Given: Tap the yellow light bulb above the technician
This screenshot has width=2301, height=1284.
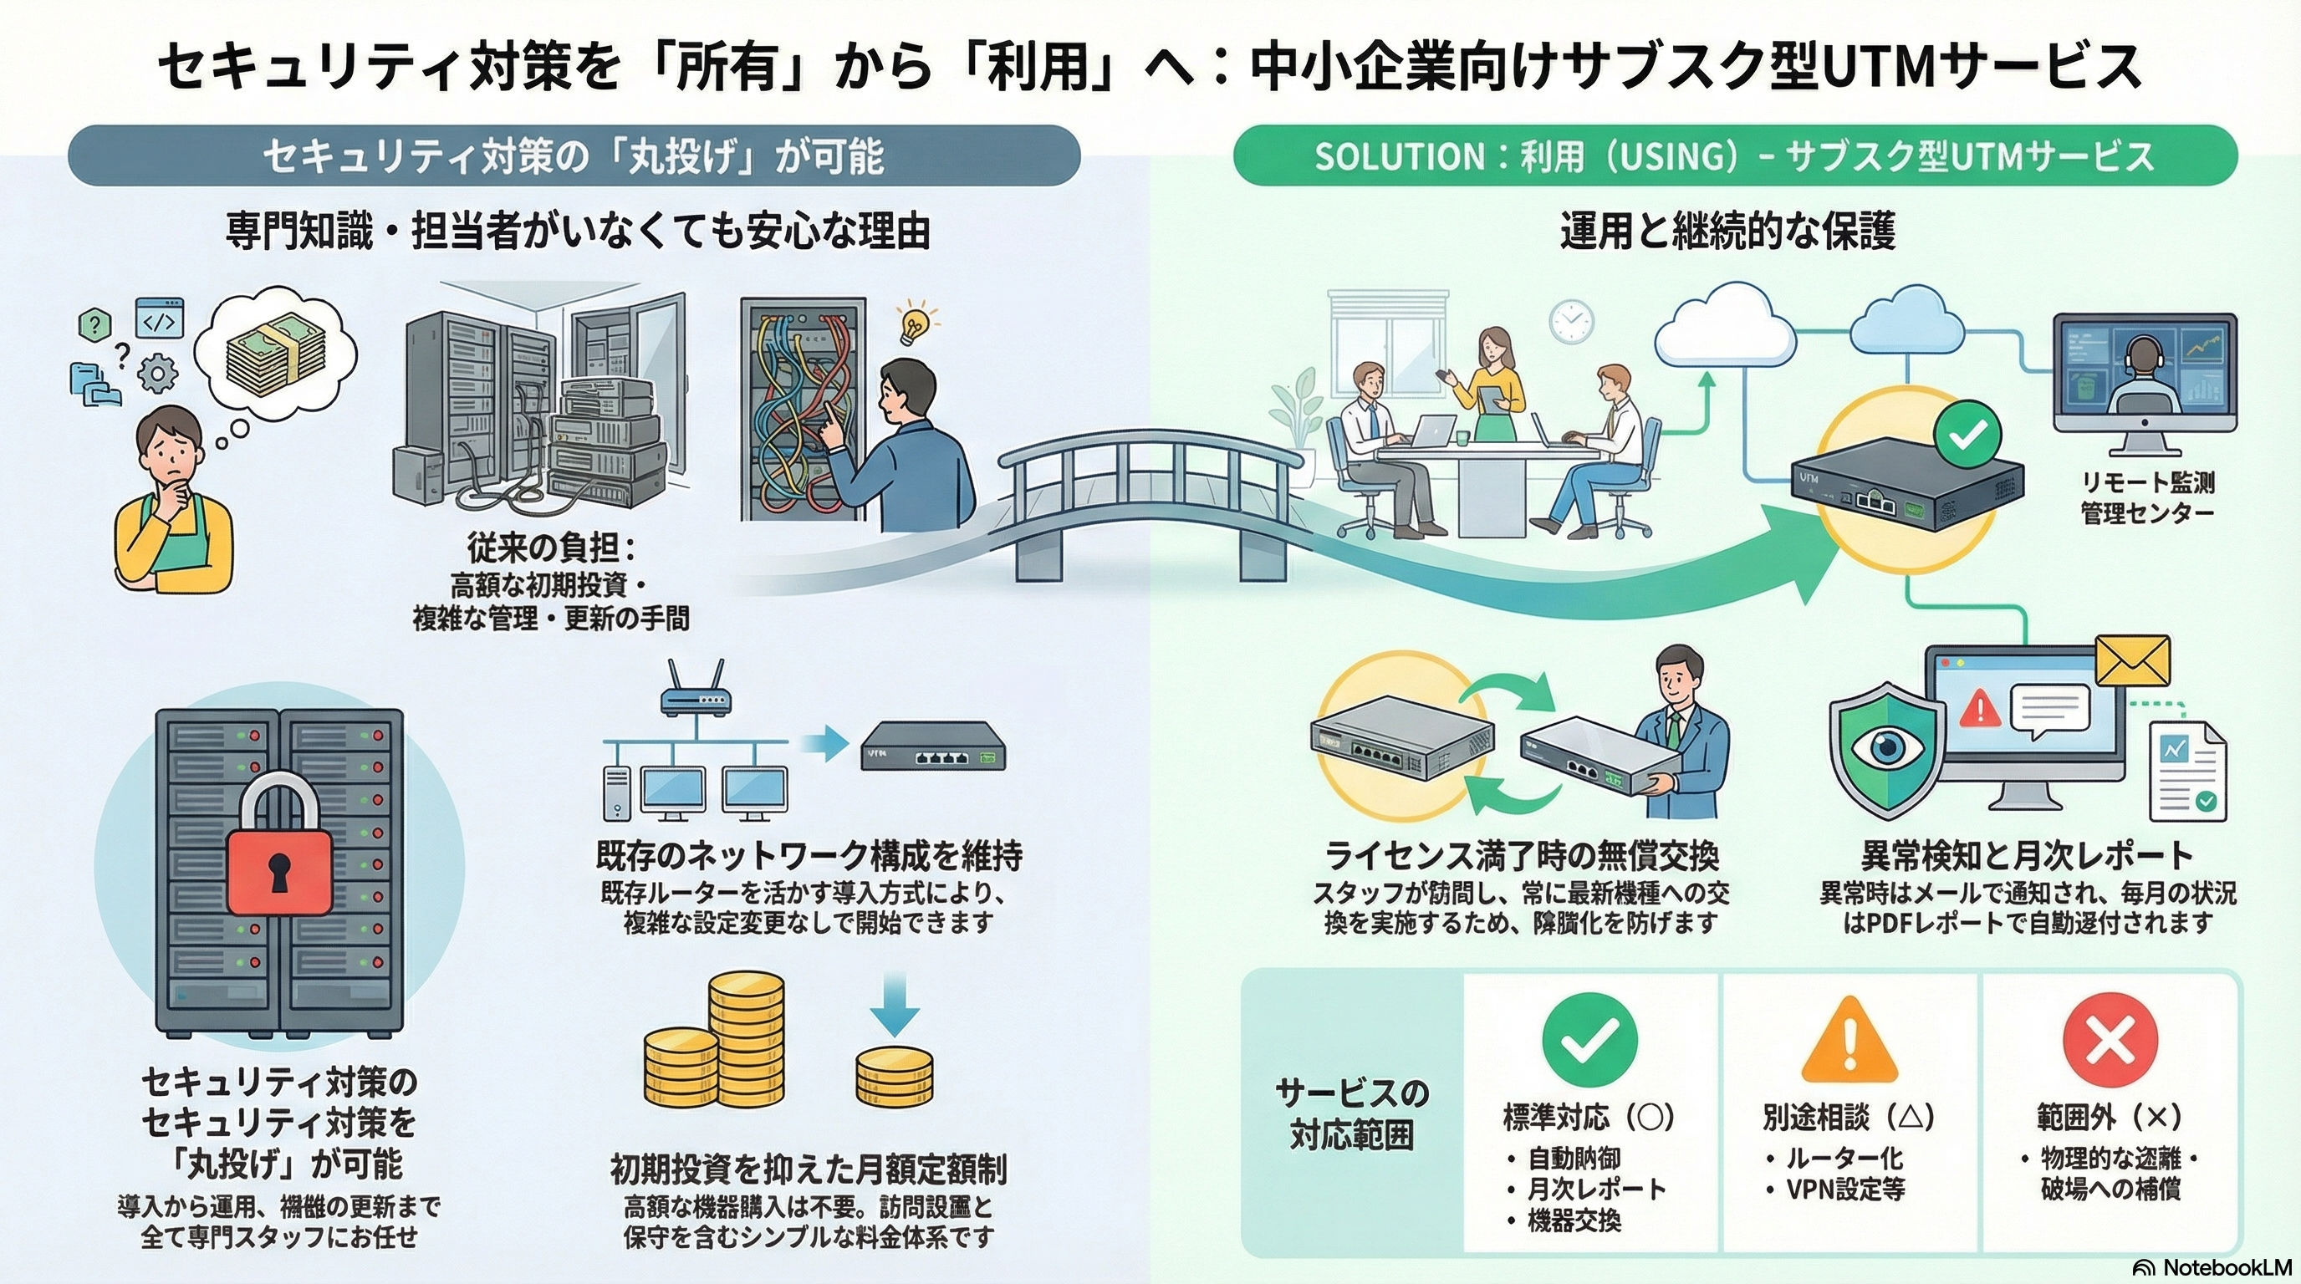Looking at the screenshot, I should (915, 325).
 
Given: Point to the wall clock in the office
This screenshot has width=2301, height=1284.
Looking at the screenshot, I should (1571, 320).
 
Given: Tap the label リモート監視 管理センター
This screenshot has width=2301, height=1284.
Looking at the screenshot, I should (2147, 497).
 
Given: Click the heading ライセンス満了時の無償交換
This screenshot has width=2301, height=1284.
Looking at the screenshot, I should (1521, 854).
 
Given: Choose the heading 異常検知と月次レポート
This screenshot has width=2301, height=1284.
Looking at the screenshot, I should (2027, 854).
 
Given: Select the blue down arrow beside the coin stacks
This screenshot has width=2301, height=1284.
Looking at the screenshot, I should (894, 1004).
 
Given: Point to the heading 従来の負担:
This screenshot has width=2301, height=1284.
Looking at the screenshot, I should (551, 547).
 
